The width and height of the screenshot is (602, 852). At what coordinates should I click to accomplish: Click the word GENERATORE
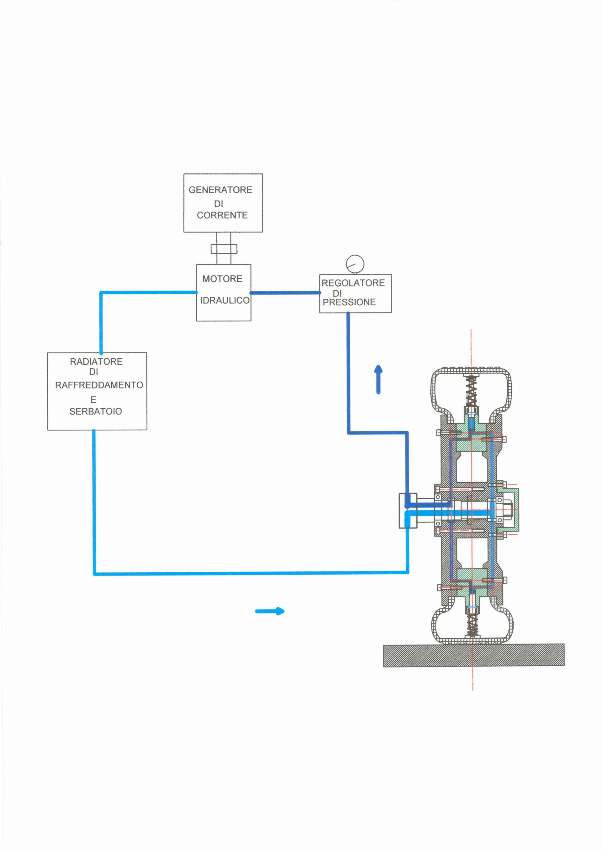pyautogui.click(x=220, y=190)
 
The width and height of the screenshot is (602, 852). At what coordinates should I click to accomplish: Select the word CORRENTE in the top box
pyautogui.click(x=222, y=215)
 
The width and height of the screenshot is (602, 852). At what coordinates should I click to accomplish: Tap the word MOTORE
pyautogui.click(x=222, y=279)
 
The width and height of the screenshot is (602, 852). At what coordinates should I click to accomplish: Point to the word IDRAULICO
pyautogui.click(x=224, y=300)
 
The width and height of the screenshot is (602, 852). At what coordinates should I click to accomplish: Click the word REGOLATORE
pyautogui.click(x=353, y=283)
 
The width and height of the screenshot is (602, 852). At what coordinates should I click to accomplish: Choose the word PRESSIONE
pyautogui.click(x=349, y=302)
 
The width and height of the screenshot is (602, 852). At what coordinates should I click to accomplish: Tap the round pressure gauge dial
pyautogui.click(x=355, y=264)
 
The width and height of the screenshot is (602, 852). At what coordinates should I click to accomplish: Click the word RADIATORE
pyautogui.click(x=96, y=362)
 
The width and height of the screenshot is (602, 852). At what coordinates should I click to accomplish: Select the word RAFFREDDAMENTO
pyautogui.click(x=99, y=385)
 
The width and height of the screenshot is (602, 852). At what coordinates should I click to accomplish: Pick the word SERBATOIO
pyautogui.click(x=96, y=411)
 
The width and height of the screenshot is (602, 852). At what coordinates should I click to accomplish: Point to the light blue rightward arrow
pyautogui.click(x=270, y=611)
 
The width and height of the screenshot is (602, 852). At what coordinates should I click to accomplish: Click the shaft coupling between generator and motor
pyautogui.click(x=224, y=249)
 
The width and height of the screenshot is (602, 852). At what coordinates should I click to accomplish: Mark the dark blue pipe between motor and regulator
pyautogui.click(x=285, y=293)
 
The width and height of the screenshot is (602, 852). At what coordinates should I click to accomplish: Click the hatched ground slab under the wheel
pyautogui.click(x=473, y=655)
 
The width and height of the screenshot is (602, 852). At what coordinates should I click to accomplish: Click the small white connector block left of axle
pyautogui.click(x=408, y=510)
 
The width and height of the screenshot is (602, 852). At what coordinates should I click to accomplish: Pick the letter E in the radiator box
pyautogui.click(x=93, y=400)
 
